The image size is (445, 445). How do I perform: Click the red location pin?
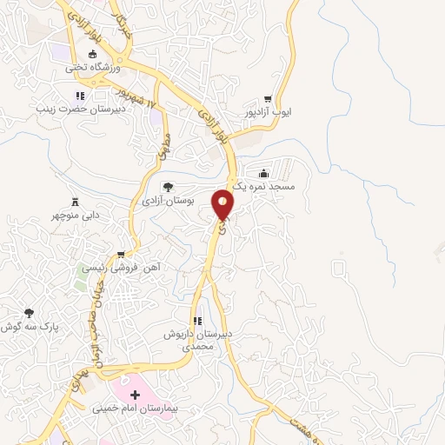coord(224,205)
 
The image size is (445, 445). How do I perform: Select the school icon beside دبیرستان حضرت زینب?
coord(80,96)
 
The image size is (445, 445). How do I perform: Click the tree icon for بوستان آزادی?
coord(167,186)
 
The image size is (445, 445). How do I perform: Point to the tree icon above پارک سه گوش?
coord(29,312)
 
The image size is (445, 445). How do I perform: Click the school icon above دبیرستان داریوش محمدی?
coord(197,319)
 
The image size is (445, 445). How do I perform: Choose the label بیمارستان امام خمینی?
coord(135,407)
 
